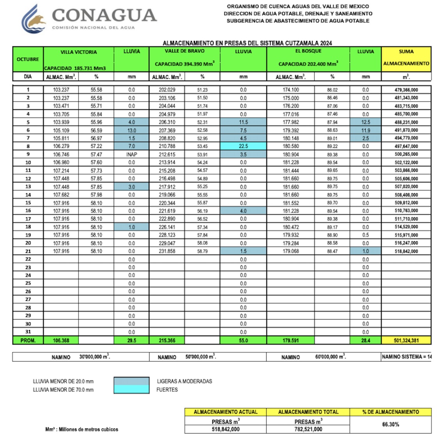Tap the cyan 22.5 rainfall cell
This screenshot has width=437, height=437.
243,146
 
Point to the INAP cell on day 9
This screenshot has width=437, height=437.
131,154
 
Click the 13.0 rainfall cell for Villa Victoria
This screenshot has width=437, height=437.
131,130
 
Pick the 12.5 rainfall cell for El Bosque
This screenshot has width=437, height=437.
365,122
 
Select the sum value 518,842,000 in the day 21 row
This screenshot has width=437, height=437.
406,251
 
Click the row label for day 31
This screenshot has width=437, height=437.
28,332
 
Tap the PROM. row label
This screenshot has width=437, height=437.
28,340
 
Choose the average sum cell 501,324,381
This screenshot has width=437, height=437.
406,340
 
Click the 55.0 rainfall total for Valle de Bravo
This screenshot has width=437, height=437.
243,340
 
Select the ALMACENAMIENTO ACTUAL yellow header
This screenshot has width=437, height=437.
225,412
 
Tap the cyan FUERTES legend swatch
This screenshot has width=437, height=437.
131,389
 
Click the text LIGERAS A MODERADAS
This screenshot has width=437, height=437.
185,381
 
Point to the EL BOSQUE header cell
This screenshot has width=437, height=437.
308,51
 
